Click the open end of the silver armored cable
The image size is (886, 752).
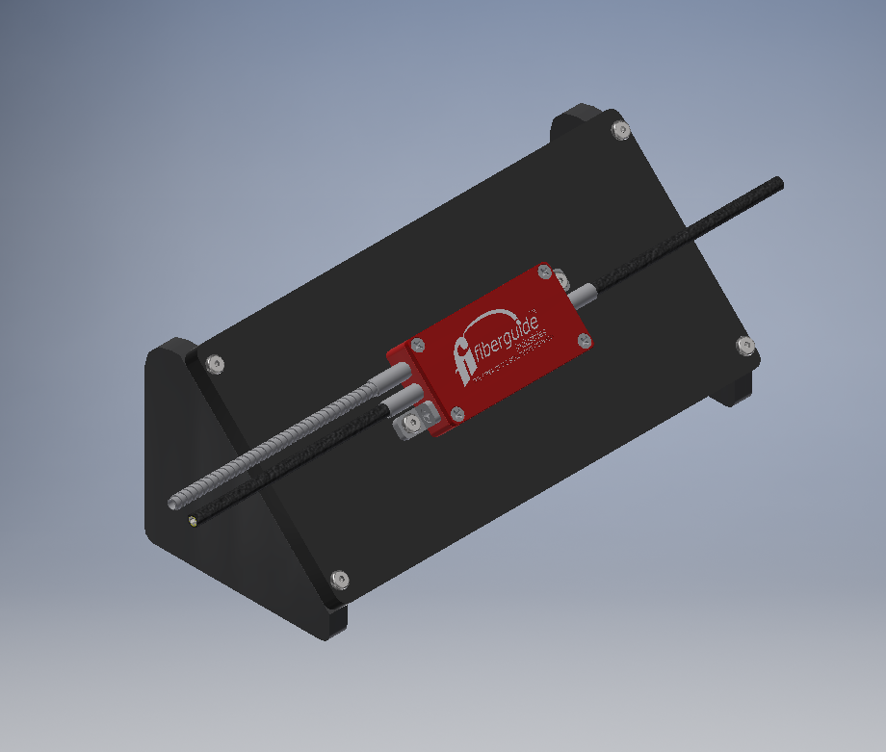coord(173,503)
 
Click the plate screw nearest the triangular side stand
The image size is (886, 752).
coord(215,364)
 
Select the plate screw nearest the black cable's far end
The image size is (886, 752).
coord(744,345)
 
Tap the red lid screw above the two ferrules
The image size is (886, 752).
coord(417,345)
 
